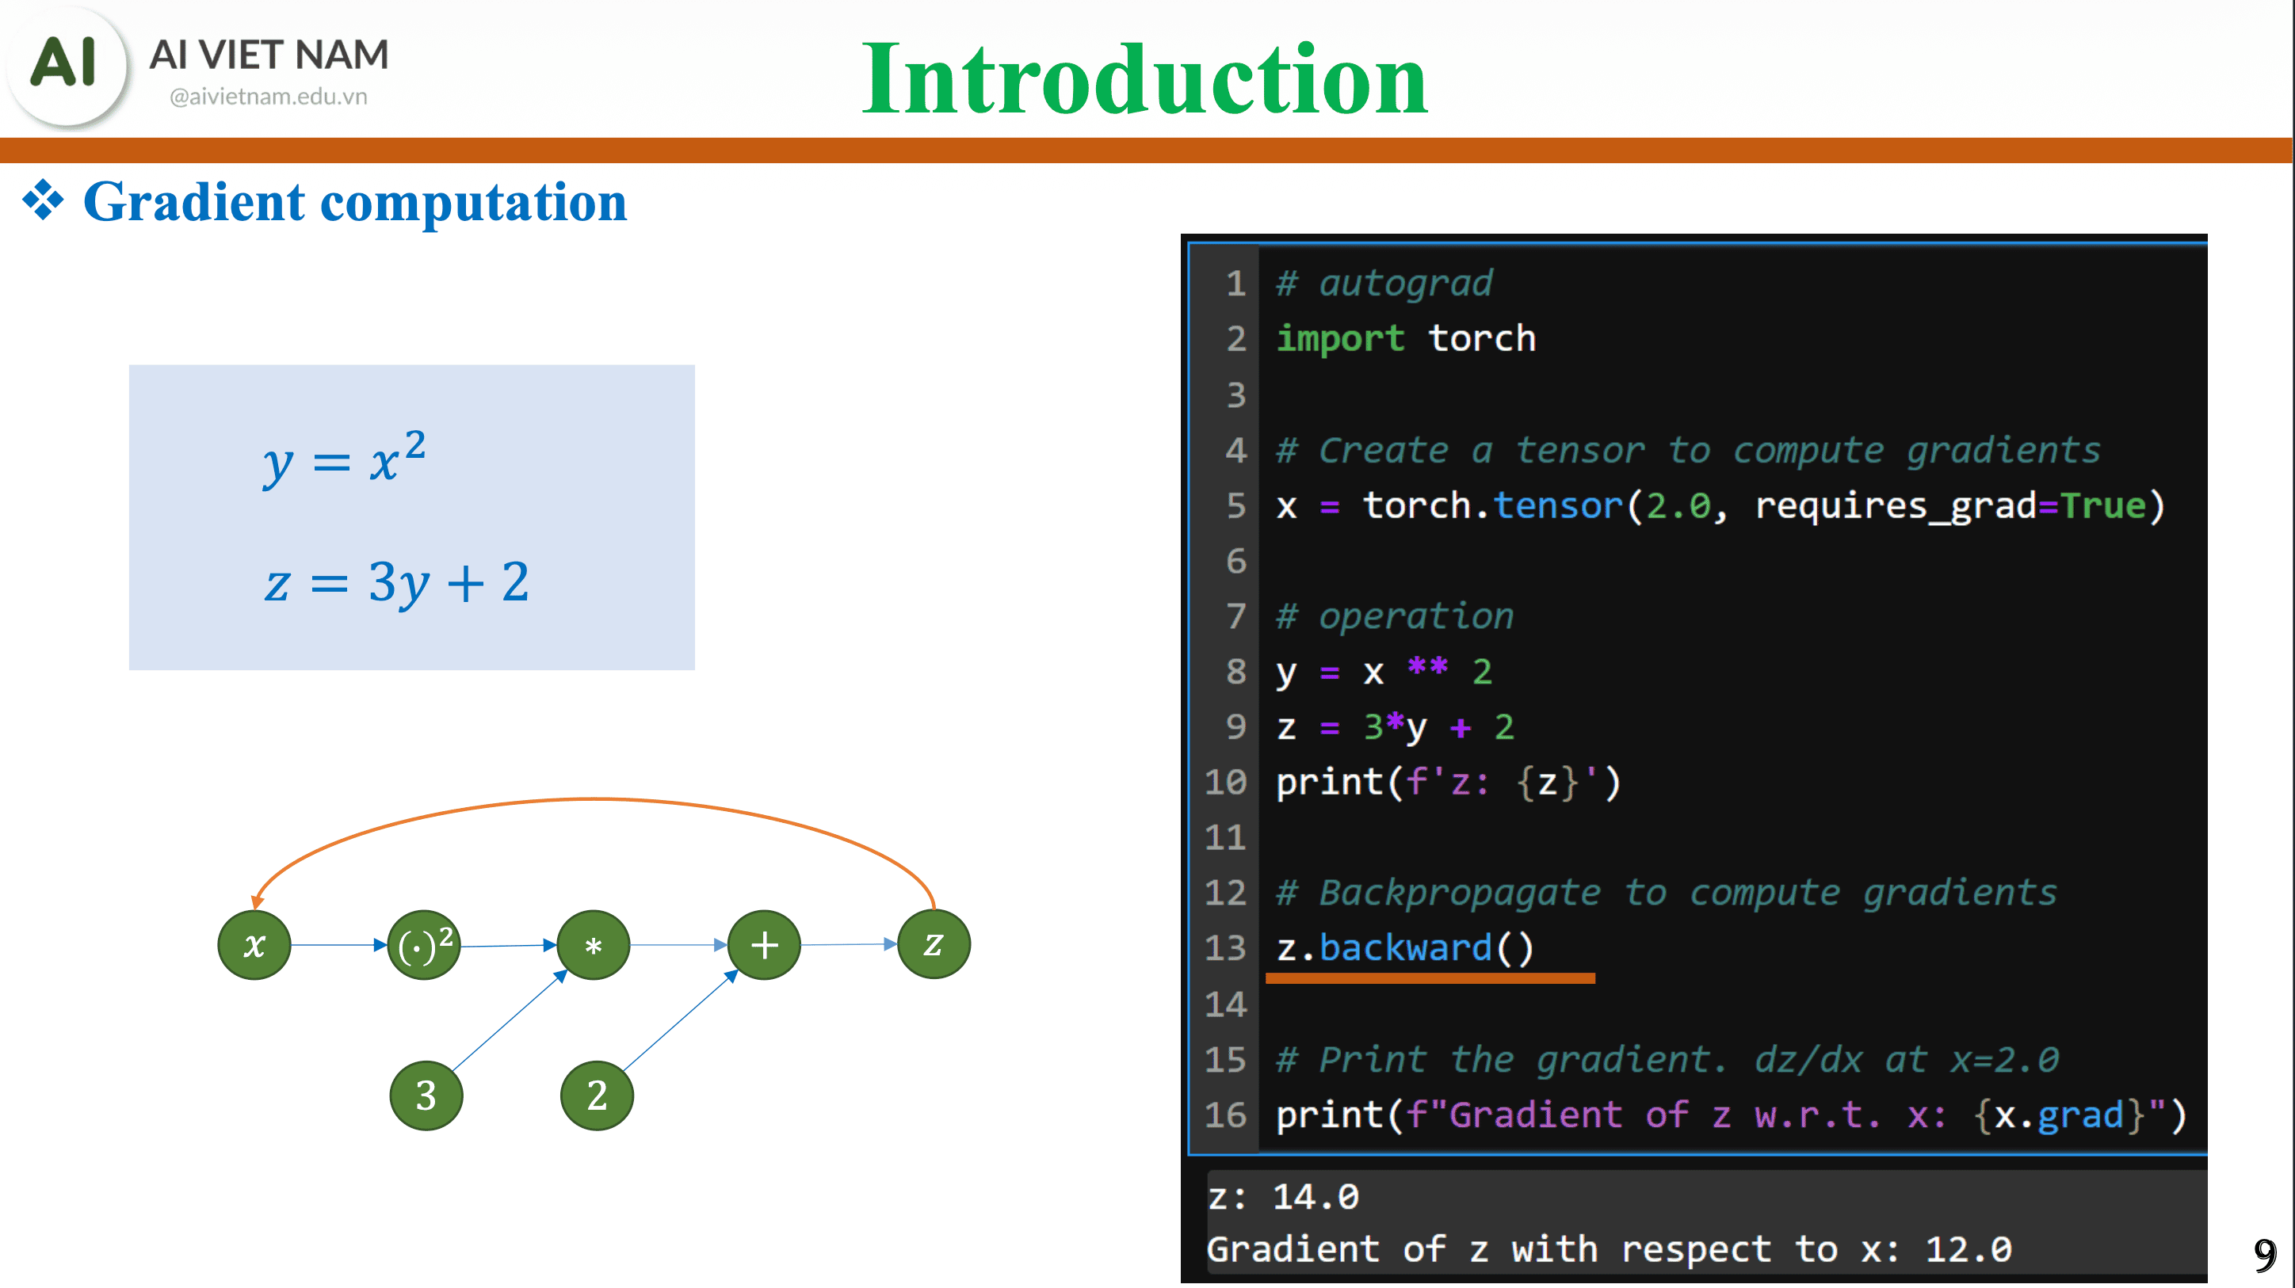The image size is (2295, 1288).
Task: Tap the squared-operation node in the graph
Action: tap(424, 944)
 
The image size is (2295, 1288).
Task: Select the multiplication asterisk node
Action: tap(594, 944)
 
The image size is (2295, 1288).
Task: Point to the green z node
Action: tap(933, 944)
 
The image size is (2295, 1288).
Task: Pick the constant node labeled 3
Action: tap(426, 1095)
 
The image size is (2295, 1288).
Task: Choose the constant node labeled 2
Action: tap(596, 1095)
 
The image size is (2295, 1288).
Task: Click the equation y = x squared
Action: tap(344, 459)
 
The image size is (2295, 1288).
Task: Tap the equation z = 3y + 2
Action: tap(396, 582)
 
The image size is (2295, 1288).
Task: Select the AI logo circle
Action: tap(65, 64)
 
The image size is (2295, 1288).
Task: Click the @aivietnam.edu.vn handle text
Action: tap(268, 96)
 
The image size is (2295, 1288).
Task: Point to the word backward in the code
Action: tap(1405, 947)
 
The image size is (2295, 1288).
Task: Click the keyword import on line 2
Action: tap(1339, 338)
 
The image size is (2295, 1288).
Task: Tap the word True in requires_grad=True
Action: tap(2102, 506)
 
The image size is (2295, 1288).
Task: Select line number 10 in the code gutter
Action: tap(1225, 782)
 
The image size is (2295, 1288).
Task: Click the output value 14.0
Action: tap(1315, 1196)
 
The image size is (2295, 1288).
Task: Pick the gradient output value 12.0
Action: tap(1968, 1249)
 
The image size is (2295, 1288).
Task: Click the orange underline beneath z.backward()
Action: tap(1430, 978)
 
